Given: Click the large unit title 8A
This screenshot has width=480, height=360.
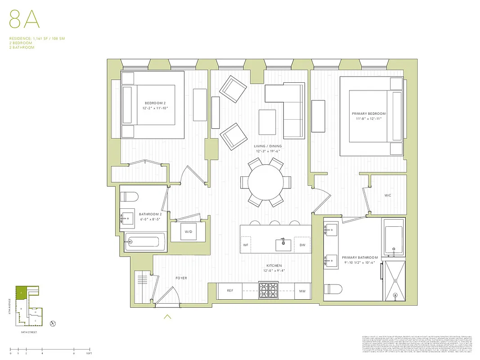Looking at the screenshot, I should pyautogui.click(x=22, y=21).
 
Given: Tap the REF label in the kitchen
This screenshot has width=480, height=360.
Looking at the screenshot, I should pyautogui.click(x=230, y=291).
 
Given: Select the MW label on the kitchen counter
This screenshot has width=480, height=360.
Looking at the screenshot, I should pyautogui.click(x=302, y=291).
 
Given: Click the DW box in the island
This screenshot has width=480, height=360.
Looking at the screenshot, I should pyautogui.click(x=302, y=245).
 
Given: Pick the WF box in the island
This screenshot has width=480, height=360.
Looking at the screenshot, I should pyautogui.click(x=246, y=245).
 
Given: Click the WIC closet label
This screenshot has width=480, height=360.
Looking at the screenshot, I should pyautogui.click(x=388, y=196).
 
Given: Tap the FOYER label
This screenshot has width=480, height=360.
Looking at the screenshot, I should pyautogui.click(x=181, y=278).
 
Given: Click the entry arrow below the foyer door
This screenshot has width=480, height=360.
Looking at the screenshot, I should pyautogui.click(x=168, y=317).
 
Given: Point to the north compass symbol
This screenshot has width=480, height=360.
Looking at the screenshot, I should pyautogui.click(x=53, y=323).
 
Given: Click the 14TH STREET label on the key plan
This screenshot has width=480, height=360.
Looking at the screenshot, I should pyautogui.click(x=28, y=332).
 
